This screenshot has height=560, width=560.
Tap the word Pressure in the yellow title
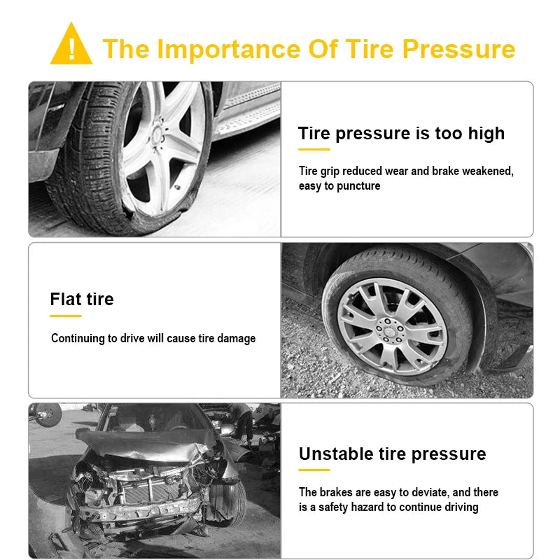(x=458, y=50)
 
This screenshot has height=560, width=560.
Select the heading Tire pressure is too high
(x=401, y=133)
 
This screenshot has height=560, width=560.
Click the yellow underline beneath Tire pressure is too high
(x=314, y=150)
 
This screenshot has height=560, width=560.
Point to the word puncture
(x=358, y=186)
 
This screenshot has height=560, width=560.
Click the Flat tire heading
(x=81, y=299)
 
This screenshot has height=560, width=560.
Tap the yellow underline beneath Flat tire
(x=65, y=316)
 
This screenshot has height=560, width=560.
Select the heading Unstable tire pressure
(x=392, y=454)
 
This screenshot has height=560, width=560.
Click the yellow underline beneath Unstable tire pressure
(x=314, y=470)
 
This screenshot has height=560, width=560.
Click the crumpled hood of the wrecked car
(x=140, y=444)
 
